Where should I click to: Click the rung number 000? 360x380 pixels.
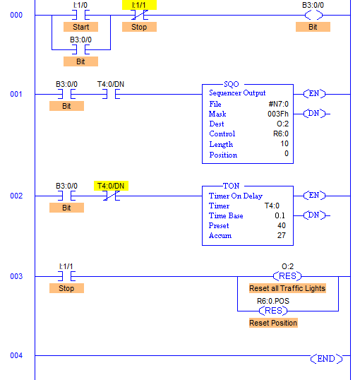16,15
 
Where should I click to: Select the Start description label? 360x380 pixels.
81,27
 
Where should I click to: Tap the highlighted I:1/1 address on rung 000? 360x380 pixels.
139,5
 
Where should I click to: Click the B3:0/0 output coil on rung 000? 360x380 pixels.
313,16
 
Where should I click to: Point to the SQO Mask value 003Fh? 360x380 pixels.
278,114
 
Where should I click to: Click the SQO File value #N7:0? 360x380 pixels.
279,104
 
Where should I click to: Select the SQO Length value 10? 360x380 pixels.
284,143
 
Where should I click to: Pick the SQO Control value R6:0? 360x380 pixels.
281,133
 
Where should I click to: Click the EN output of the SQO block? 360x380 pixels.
314,94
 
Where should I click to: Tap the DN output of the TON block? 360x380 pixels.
314,215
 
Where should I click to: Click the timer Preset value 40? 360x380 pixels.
282,225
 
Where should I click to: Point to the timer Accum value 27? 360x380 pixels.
282,235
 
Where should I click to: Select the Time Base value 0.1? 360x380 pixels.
280,215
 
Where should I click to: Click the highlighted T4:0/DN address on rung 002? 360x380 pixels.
111,186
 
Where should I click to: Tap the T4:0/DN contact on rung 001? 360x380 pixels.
111,94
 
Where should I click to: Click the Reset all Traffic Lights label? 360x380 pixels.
287,288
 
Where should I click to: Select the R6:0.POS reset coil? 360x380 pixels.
273,311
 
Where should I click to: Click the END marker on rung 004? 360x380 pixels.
326,359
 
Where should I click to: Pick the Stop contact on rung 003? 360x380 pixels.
66,276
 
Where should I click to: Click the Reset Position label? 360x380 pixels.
273,323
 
